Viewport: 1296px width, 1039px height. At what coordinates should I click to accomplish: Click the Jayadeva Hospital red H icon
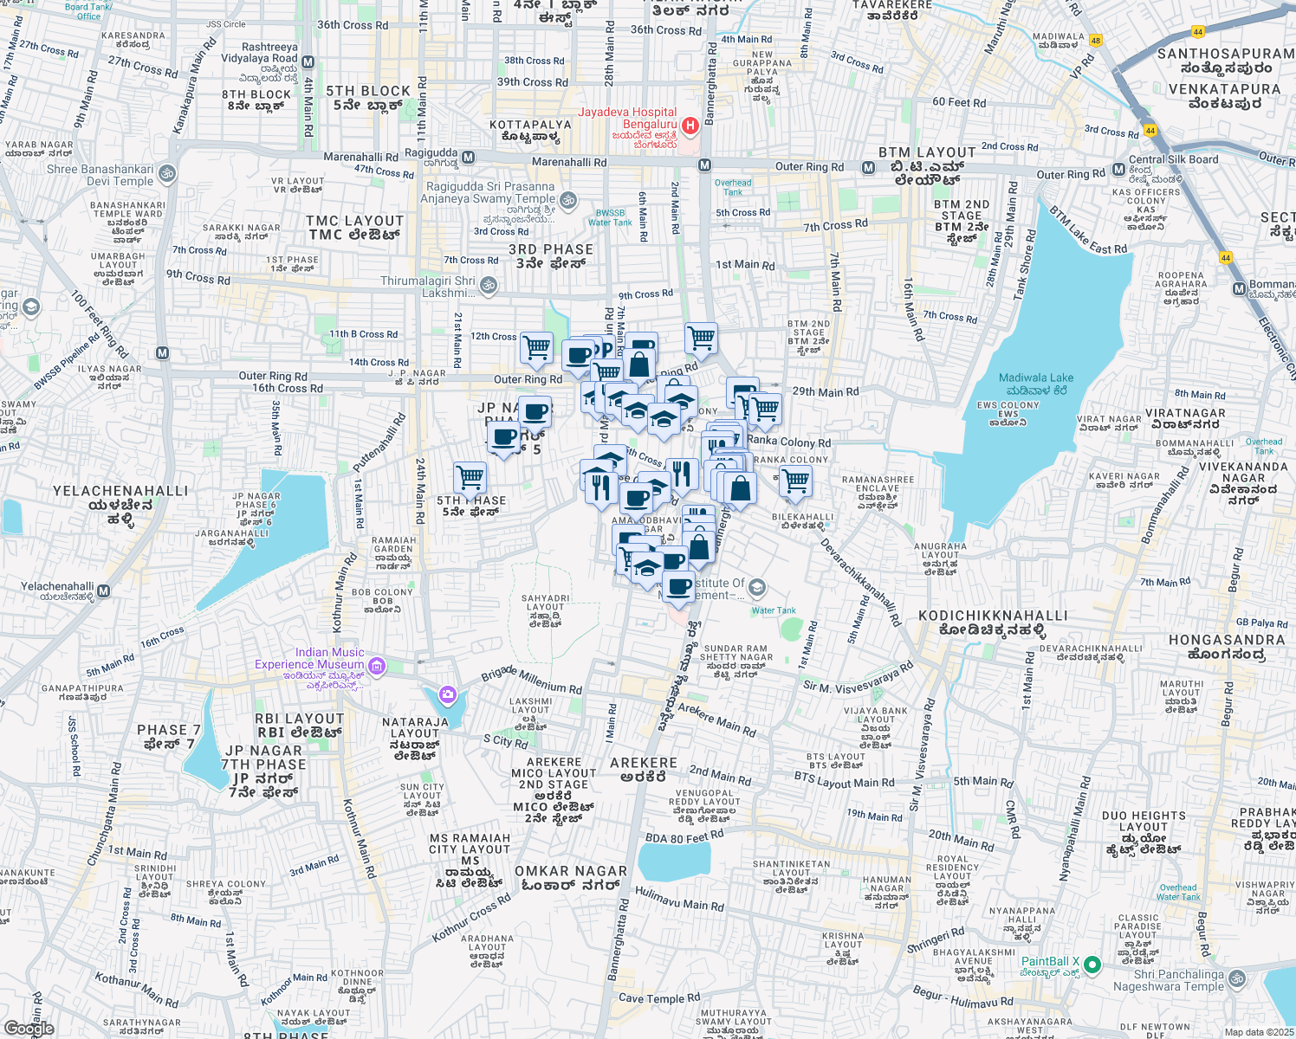(x=690, y=126)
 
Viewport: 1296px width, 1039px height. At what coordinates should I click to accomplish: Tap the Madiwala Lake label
(x=1036, y=384)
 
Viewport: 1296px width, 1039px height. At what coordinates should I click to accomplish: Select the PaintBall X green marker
(x=1092, y=964)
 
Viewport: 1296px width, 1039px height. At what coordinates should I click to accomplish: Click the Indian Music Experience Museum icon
(x=377, y=666)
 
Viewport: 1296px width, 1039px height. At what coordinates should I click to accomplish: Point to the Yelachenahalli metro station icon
(x=104, y=591)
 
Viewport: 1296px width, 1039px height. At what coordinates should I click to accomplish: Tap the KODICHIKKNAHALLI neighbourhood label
(x=993, y=623)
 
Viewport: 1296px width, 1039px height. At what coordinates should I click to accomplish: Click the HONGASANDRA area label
(x=1227, y=647)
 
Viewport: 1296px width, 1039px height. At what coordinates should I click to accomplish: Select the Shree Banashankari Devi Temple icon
(x=167, y=174)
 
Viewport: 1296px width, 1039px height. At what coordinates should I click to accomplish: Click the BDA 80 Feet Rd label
(x=684, y=837)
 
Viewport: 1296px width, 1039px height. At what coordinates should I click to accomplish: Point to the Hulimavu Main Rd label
(x=679, y=899)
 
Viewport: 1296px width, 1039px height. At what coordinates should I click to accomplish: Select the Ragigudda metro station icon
(x=468, y=158)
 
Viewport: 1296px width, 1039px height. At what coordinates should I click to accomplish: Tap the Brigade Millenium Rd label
(x=532, y=680)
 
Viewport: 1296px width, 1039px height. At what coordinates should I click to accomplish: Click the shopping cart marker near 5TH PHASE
(x=470, y=477)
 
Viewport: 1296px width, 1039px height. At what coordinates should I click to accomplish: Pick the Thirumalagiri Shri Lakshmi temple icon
(x=489, y=285)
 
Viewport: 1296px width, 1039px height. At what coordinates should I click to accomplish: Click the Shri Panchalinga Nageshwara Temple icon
(x=1237, y=978)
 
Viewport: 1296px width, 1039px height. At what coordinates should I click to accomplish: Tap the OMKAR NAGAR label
(x=571, y=878)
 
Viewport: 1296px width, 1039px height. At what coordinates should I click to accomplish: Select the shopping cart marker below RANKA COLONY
(x=795, y=481)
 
